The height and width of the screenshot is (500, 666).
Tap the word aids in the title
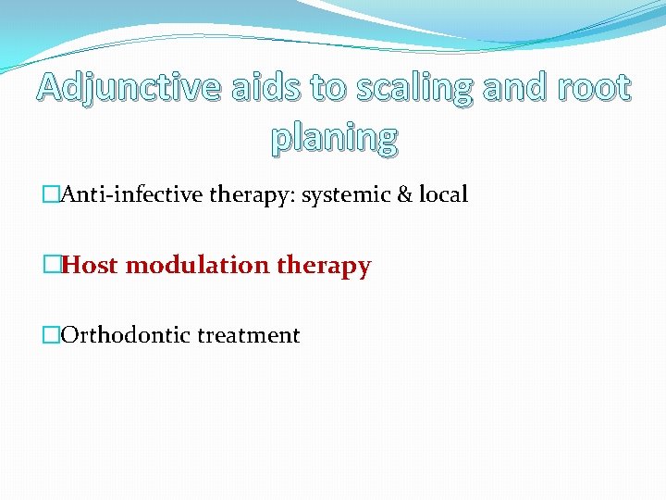click(x=262, y=88)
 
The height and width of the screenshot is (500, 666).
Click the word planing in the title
click(x=334, y=137)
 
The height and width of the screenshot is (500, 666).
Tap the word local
click(x=442, y=195)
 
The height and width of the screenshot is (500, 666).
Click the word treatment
click(x=248, y=335)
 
